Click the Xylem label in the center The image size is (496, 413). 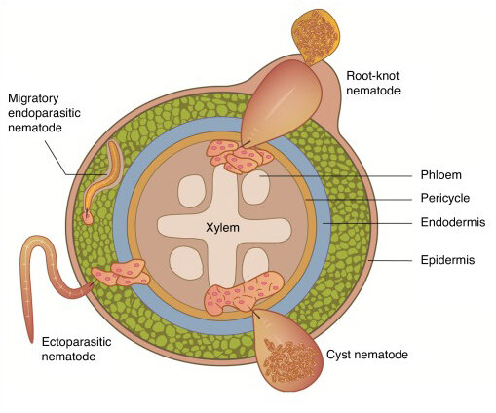click(x=222, y=228)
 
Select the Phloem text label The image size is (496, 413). click(x=440, y=175)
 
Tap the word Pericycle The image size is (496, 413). click(x=445, y=198)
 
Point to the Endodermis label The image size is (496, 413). click(x=453, y=222)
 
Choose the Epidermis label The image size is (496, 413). click(x=447, y=260)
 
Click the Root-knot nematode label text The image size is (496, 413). click(x=373, y=83)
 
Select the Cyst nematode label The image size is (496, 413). click(x=367, y=355)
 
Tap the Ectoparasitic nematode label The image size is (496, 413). click(x=76, y=349)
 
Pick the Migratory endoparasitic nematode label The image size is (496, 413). click(x=44, y=113)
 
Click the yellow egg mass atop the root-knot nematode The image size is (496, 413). click(x=316, y=35)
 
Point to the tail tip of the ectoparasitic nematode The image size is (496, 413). click(x=31, y=341)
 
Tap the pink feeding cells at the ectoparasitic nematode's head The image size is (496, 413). click(x=121, y=274)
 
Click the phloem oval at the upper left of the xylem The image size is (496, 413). click(x=192, y=191)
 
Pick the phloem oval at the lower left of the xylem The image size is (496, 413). click(x=186, y=263)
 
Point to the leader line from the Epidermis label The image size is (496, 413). click(x=390, y=260)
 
